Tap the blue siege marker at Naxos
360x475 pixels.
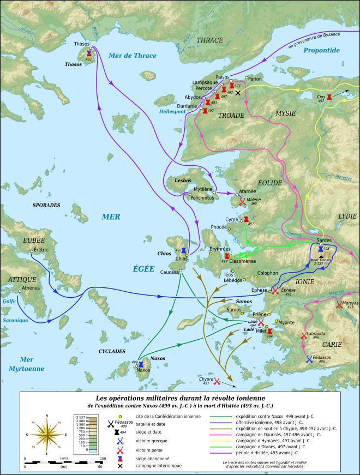[x=141, y=364]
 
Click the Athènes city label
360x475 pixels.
[x=31, y=288]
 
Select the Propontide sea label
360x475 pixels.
[x=322, y=50]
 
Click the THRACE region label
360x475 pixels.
[x=209, y=40]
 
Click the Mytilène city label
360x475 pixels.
[x=203, y=189]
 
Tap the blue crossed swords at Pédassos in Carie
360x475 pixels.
[x=310, y=359]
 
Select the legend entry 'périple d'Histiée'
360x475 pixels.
[x=261, y=452]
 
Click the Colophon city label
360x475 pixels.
[x=267, y=273]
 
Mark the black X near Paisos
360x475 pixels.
[x=237, y=93]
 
